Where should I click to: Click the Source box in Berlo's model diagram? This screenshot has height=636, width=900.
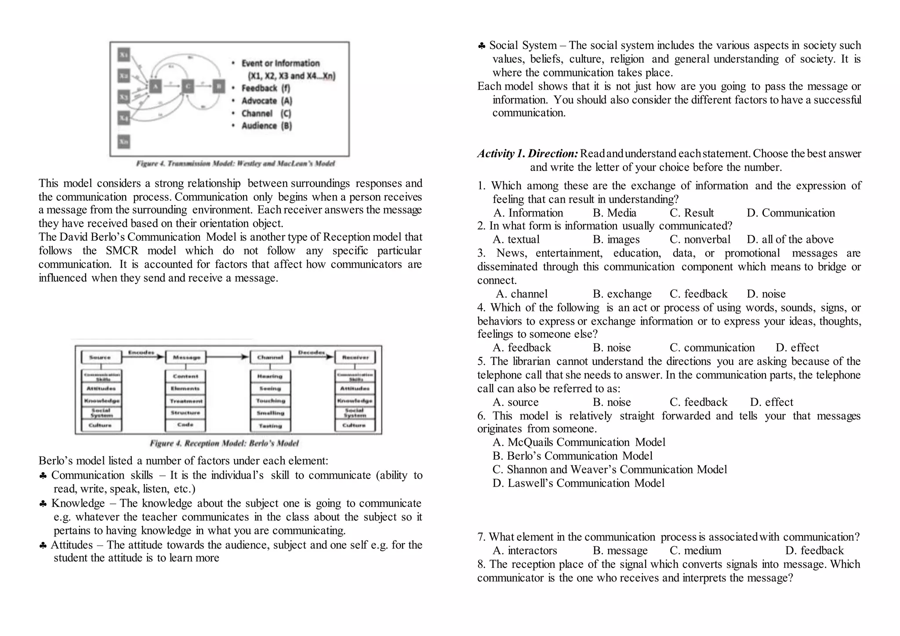tap(101, 358)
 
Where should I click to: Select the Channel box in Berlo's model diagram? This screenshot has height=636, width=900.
tap(270, 358)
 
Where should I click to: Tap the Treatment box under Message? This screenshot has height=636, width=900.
tap(185, 401)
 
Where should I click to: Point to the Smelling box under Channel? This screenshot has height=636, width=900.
tap(270, 413)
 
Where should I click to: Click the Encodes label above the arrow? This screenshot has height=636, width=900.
tap(141, 352)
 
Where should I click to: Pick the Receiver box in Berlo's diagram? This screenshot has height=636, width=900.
tap(355, 358)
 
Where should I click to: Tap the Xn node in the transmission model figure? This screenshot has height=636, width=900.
tap(124, 142)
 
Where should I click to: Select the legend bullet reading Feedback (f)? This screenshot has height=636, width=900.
tap(265, 88)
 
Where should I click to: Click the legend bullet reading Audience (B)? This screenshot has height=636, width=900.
tap(266, 126)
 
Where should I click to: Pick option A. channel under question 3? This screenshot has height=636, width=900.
tap(522, 294)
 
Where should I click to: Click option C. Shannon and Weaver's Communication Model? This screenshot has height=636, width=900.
tap(610, 470)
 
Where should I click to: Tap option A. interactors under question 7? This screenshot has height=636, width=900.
tap(525, 551)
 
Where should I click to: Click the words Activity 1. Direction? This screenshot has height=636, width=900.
tap(527, 154)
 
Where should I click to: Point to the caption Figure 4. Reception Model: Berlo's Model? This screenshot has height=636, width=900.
tap(224, 443)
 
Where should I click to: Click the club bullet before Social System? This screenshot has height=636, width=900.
tap(482, 46)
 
